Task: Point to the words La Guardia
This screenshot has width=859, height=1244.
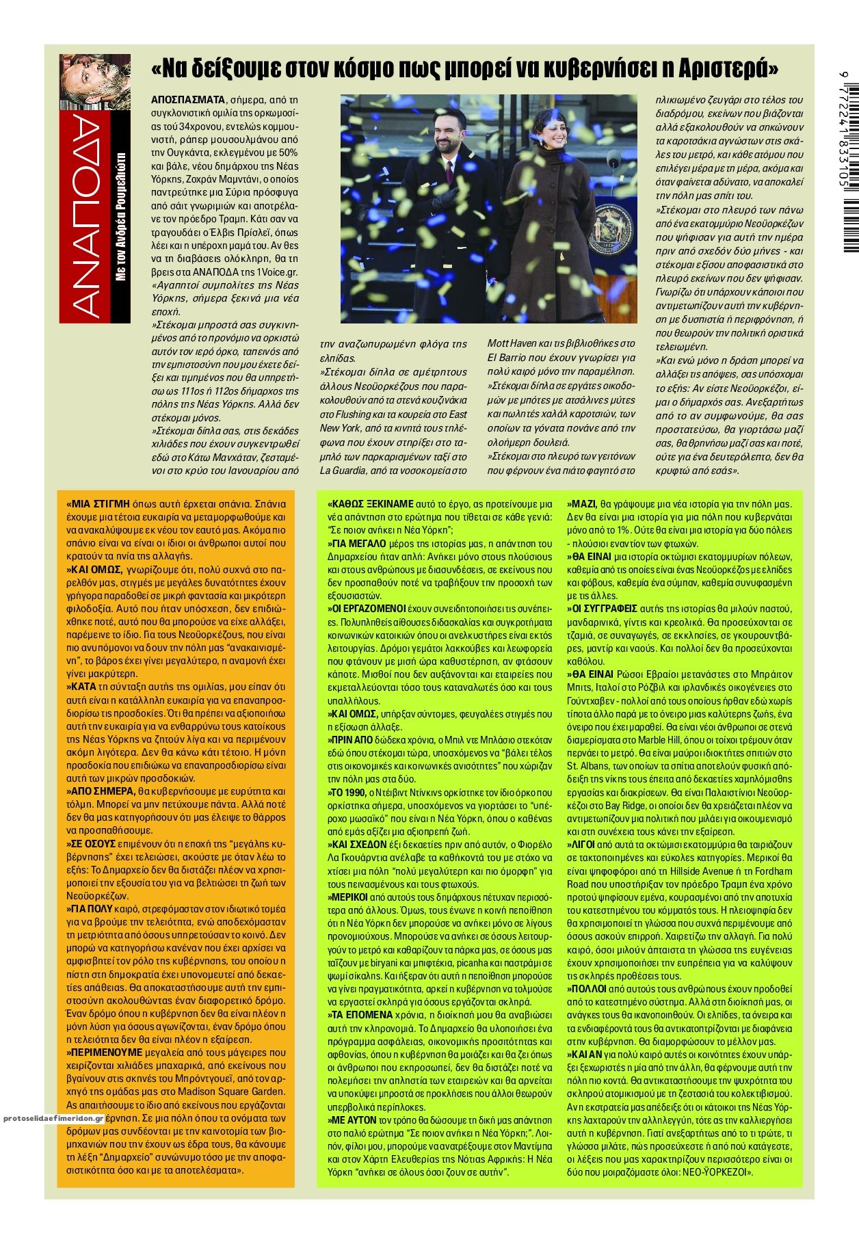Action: click(x=341, y=471)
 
